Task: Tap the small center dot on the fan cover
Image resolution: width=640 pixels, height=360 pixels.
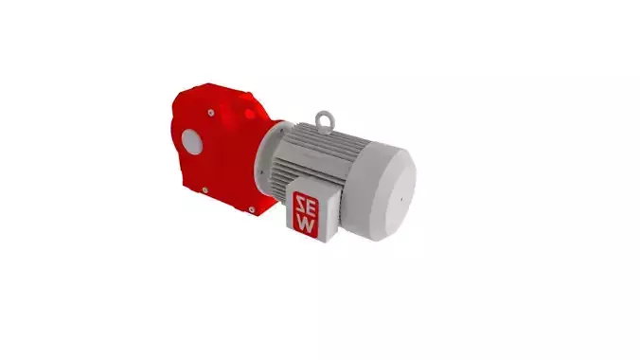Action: pyautogui.click(x=400, y=200)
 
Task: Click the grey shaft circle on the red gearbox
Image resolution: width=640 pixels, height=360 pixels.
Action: pyautogui.click(x=191, y=142)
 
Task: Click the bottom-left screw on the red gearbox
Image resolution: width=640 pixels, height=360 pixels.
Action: pyautogui.click(x=205, y=192)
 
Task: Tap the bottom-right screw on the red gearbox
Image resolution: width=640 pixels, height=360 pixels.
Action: pyautogui.click(x=250, y=209)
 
